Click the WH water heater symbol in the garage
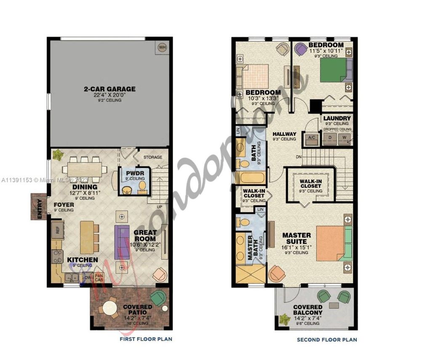click(x=162, y=48)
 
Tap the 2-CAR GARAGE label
click(x=109, y=89)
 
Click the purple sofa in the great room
click(x=122, y=242)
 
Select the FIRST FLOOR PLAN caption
click(x=146, y=339)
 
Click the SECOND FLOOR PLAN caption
click(x=327, y=339)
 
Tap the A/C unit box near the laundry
click(x=312, y=138)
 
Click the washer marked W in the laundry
click(x=344, y=138)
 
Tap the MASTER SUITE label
click(x=296, y=238)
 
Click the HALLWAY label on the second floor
click(x=284, y=134)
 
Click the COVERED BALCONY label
click(x=308, y=310)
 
